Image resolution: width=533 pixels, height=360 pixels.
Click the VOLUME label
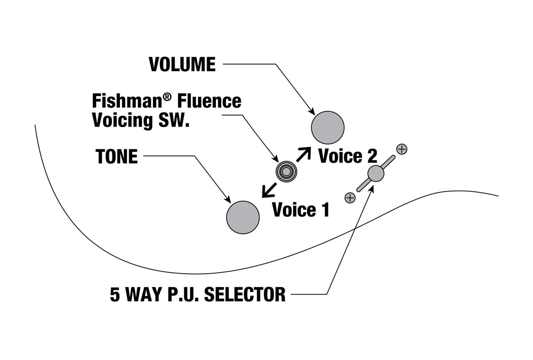(182, 64)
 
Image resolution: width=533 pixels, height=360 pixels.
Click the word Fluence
(209, 101)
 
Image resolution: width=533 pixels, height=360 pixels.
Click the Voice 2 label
(347, 156)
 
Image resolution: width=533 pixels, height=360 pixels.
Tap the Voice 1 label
(301, 210)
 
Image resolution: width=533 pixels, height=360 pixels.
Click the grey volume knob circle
(328, 128)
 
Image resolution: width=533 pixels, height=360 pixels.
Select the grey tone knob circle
(243, 217)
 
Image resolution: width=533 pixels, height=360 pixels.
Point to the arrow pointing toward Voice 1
(269, 190)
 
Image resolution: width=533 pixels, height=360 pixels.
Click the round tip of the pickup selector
(376, 173)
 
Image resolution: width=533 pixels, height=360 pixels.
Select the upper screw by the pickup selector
(402, 149)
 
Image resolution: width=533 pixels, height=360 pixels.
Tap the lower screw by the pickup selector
(350, 197)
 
